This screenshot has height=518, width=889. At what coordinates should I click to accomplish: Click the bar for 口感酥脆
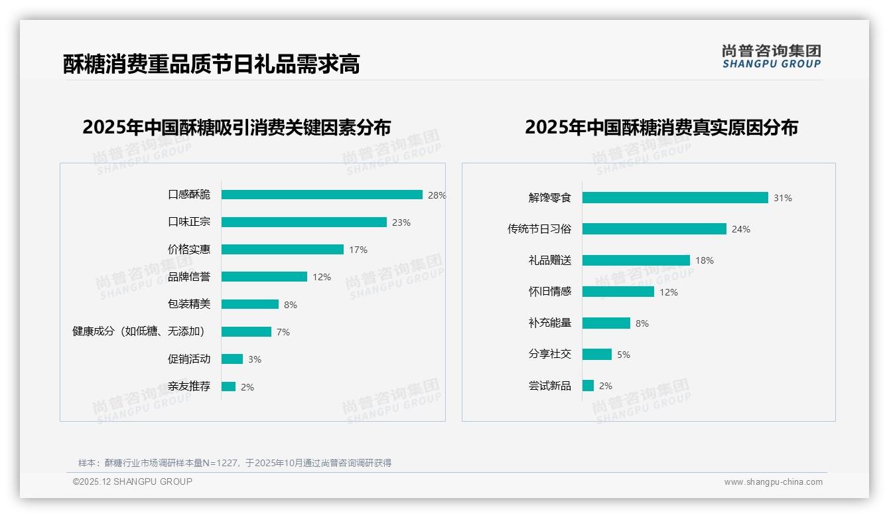click(x=322, y=195)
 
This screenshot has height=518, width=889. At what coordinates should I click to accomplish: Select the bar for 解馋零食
click(x=675, y=198)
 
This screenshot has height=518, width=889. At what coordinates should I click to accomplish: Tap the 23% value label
click(x=401, y=222)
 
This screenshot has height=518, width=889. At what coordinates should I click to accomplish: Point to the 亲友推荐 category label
click(x=189, y=387)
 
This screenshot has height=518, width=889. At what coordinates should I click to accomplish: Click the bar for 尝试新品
click(x=588, y=386)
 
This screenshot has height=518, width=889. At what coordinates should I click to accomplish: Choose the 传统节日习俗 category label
click(x=539, y=229)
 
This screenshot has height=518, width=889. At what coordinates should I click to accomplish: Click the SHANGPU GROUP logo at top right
click(x=772, y=56)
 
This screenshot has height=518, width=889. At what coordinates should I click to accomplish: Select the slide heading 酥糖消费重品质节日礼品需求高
click(x=211, y=64)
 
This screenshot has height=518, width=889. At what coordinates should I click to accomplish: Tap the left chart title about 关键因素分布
click(x=236, y=127)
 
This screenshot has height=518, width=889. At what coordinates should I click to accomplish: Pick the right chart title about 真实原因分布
click(x=661, y=127)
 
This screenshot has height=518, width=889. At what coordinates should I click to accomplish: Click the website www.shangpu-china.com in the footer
click(x=773, y=482)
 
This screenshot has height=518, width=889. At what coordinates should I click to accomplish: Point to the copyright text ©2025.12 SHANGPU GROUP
click(x=133, y=481)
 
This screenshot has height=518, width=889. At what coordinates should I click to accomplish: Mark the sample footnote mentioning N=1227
click(x=235, y=463)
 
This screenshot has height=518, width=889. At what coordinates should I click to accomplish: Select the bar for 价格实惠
click(x=282, y=250)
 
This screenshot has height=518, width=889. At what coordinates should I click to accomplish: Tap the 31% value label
click(x=782, y=198)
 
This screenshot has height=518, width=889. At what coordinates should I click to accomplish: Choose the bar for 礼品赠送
click(x=636, y=260)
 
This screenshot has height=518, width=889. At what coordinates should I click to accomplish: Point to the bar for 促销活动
click(x=232, y=359)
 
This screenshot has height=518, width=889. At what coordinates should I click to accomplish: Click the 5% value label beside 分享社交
click(x=623, y=355)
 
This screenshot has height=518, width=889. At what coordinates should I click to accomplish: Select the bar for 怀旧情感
click(x=618, y=292)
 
